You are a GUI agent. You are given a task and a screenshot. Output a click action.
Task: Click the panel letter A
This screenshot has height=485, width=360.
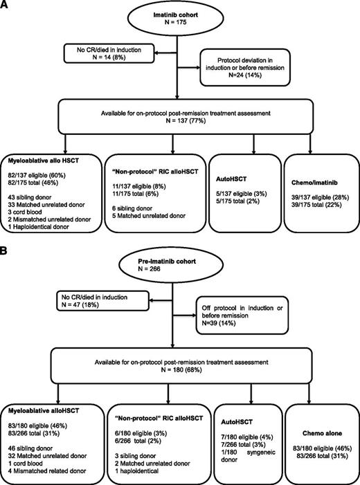click(6, 6)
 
